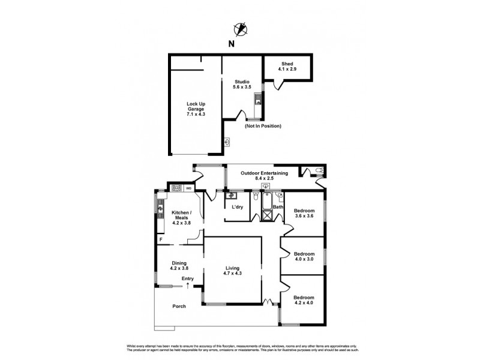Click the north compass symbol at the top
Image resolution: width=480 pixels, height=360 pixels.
(x=241, y=28)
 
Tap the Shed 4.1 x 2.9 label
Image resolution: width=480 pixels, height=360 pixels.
(x=287, y=67)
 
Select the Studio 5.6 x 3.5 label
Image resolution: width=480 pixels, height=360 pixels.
(x=241, y=84)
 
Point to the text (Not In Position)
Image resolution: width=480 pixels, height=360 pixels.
(x=263, y=126)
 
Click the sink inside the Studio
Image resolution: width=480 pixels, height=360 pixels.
(x=258, y=100)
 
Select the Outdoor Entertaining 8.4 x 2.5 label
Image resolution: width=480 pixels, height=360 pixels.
(x=264, y=175)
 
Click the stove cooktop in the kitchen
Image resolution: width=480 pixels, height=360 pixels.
(x=177, y=188)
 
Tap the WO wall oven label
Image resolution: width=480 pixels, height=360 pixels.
(x=188, y=188)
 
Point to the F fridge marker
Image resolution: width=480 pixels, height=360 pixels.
(x=160, y=240)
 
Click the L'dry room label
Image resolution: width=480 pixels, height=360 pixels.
(x=238, y=208)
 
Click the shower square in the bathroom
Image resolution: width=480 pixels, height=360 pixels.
(x=266, y=216)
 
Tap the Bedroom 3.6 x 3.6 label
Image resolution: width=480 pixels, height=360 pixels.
(x=304, y=214)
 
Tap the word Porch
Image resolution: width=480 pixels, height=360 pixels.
(x=179, y=306)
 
